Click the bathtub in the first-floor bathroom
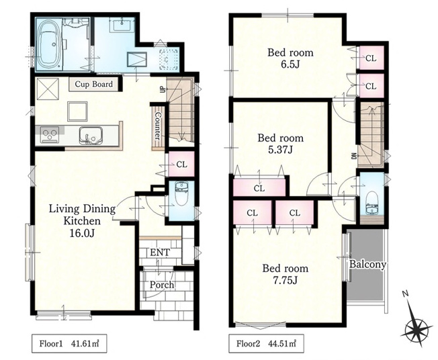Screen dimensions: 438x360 [x=48, y=44]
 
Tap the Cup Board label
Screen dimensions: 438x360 [x=94, y=84]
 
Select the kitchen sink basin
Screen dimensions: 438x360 [x=91, y=135]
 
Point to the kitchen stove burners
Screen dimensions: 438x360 [x=50, y=134]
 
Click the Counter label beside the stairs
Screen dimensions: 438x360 [x=158, y=126]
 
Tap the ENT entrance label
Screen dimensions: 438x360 [x=160, y=253]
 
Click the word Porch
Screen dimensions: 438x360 [x=162, y=285]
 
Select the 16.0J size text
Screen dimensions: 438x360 [x=82, y=233]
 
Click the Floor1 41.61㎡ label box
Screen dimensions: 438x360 [x=69, y=343]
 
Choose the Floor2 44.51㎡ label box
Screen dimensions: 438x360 [x=266, y=343]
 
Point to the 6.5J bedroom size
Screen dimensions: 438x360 [x=290, y=64]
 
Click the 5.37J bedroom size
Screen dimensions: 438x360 [x=280, y=150]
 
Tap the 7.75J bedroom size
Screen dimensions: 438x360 [x=285, y=280]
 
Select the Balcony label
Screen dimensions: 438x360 [x=367, y=264]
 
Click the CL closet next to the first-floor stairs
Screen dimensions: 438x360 [x=181, y=165]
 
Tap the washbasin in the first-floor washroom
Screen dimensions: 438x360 [x=122, y=25]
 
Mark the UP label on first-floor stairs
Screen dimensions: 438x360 [x=161, y=89]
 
